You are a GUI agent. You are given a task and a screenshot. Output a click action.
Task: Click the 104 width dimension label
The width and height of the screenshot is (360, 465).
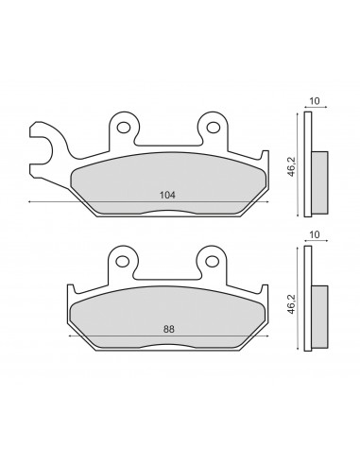tap(167, 195)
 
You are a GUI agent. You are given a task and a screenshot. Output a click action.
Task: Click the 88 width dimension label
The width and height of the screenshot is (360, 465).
tap(169, 329)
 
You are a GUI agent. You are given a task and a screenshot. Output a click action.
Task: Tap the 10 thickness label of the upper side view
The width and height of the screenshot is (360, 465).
tap(315, 101)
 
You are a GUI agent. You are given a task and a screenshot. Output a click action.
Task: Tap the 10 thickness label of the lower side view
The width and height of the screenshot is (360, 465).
tap(315, 234)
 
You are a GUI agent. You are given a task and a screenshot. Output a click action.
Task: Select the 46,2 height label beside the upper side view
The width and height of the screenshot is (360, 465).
tap(292, 166)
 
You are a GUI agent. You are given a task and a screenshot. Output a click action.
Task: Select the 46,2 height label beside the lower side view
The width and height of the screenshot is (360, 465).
tap(292, 303)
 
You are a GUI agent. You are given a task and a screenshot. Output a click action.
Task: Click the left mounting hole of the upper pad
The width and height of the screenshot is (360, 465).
tap(123, 128)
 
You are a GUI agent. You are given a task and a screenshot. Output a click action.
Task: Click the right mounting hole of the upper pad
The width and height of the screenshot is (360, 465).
tap(214, 128)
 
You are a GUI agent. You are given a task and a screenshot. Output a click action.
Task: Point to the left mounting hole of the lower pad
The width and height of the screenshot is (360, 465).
tap(123, 261)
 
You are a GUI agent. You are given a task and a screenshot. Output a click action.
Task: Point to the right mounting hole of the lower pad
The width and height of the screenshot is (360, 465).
tap(212, 261)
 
